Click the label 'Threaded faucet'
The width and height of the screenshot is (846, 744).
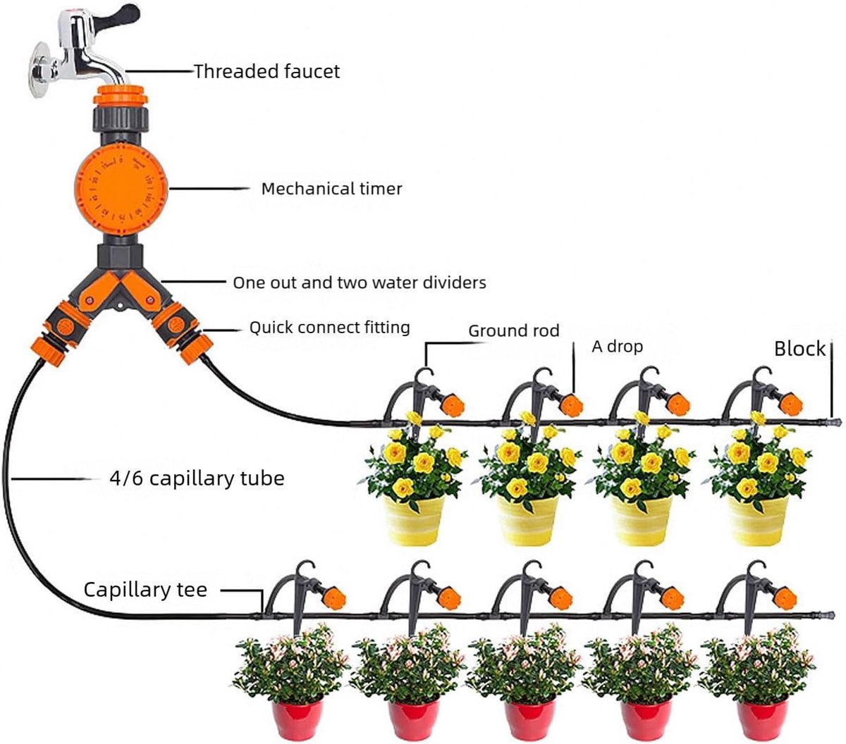tap(266, 71)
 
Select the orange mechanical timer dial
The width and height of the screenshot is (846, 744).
tap(121, 188)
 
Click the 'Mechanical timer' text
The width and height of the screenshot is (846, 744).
tap(331, 189)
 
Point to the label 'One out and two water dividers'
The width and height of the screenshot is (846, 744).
tap(360, 283)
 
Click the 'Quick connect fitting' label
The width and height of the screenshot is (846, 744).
tap(329, 327)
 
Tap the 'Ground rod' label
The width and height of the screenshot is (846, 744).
tap(514, 330)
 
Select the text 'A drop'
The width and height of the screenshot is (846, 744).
tap(617, 347)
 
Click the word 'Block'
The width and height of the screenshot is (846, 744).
tap(799, 349)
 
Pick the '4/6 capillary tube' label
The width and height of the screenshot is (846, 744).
tap(197, 478)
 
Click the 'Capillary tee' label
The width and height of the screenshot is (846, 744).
tap(145, 590)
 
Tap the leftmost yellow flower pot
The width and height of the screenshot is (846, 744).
tap(413, 520)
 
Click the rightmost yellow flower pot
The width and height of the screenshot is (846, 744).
tap(757, 520)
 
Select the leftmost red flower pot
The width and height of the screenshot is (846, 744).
tap(298, 719)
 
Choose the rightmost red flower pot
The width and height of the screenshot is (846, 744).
tap(762, 719)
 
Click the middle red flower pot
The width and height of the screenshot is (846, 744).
tap(529, 719)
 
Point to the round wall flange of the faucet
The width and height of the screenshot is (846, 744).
tap(38, 70)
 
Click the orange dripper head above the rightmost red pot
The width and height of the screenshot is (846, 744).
tap(785, 598)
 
